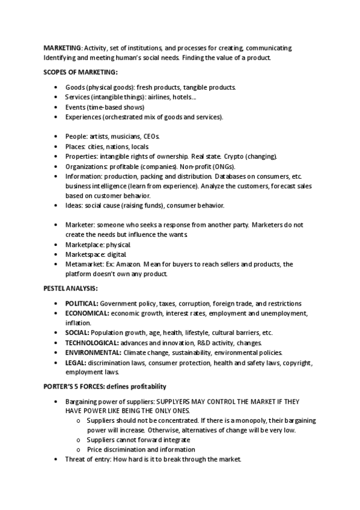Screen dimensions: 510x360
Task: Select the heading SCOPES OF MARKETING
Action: [81, 72]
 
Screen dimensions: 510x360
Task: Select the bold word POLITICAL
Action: [81, 304]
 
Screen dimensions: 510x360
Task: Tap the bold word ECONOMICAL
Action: [87, 313]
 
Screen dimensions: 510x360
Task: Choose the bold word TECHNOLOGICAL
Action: [92, 342]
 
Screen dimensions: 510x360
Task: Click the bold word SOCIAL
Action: [78, 333]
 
